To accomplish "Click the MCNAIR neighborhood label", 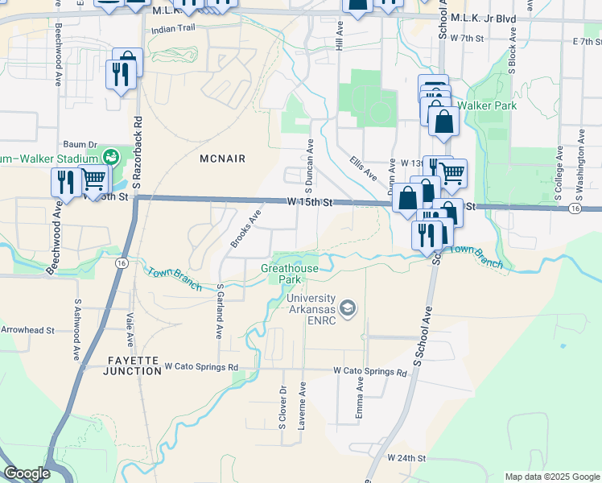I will [x=223, y=159].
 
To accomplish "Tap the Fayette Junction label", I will [x=133, y=365].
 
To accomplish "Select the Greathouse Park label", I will [x=290, y=274].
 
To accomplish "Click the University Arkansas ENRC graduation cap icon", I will [x=348, y=308].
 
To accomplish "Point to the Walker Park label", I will [x=486, y=105].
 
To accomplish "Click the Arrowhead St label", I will [x=27, y=330].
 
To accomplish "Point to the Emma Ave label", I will [x=360, y=399].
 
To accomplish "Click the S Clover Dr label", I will [x=283, y=410].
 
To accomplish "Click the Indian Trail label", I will [x=174, y=28].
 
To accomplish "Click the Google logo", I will [x=27, y=473].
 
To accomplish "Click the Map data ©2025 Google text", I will [x=551, y=477].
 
